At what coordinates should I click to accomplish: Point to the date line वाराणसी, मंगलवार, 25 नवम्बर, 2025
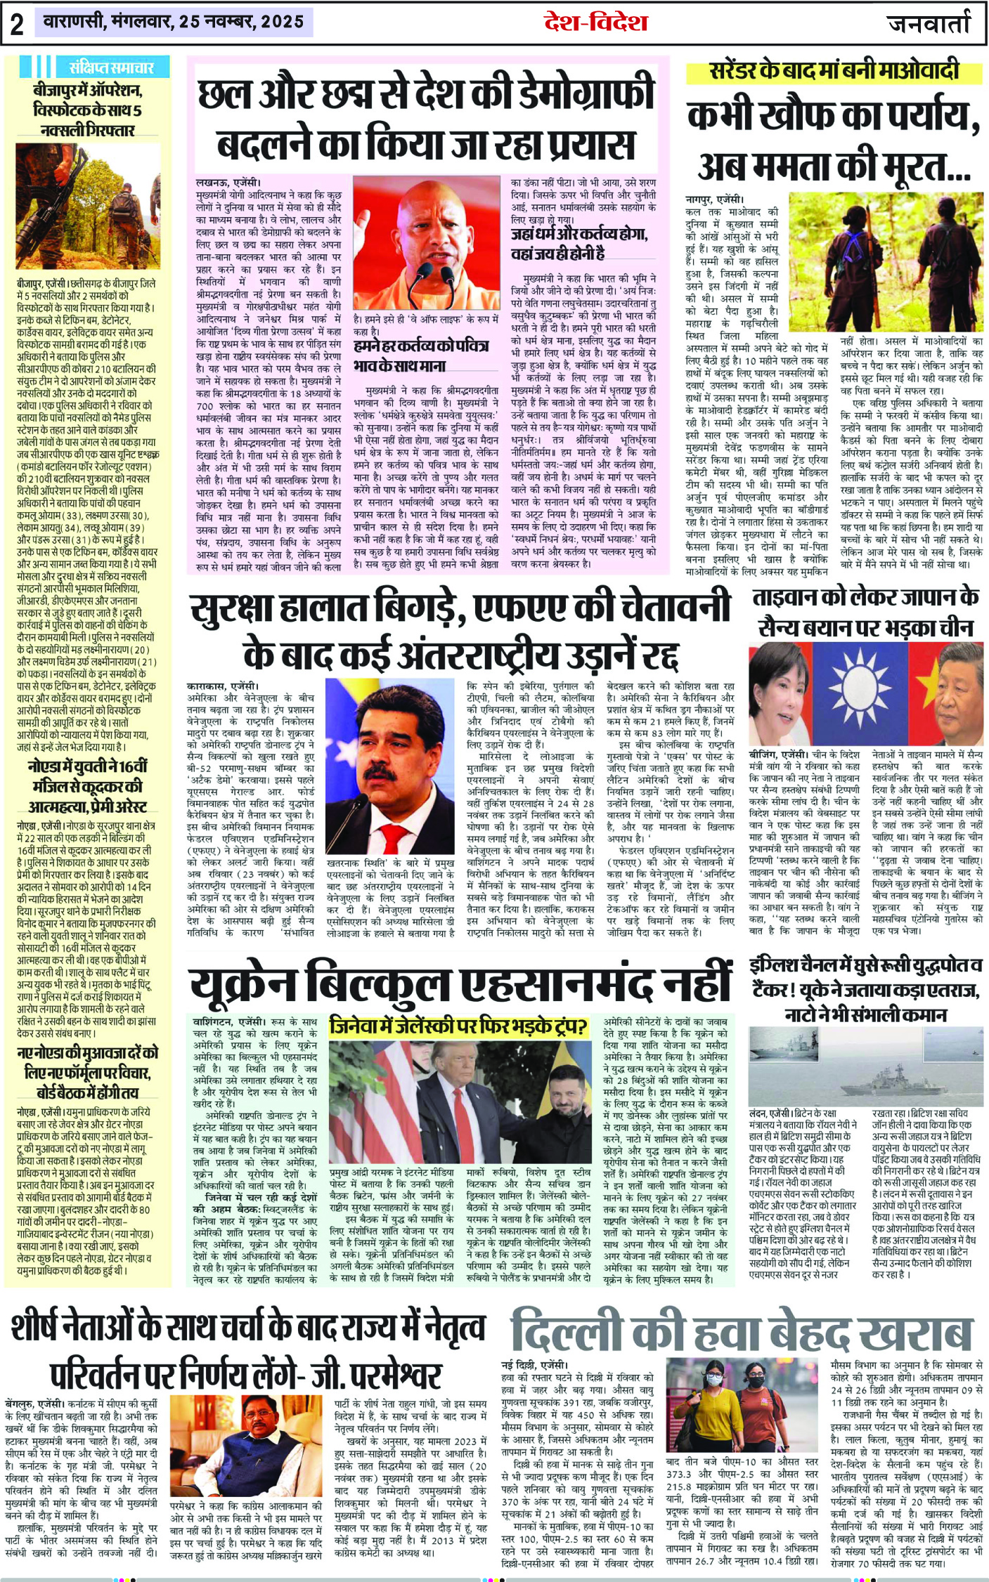(x=174, y=22)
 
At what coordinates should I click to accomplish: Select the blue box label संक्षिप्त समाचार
(x=111, y=67)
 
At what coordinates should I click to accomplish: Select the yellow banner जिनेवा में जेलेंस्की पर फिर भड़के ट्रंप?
(x=458, y=1027)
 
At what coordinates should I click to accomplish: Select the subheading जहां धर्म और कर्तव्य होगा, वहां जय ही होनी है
(x=581, y=243)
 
